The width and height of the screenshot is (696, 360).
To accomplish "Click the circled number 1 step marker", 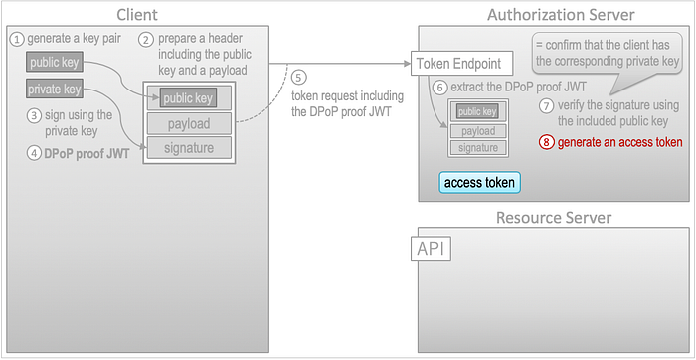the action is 17,39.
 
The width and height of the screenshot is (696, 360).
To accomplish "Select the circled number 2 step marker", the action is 146,40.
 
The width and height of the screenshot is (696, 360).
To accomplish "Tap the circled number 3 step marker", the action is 34,116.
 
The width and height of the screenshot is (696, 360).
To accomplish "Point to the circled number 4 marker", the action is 34,154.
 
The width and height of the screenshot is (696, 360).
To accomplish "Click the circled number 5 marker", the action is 298,77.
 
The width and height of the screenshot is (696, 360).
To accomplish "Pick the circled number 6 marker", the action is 439,88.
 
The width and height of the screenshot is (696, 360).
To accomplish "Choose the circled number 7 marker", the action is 546,106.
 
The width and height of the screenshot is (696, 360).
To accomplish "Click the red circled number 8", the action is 546,142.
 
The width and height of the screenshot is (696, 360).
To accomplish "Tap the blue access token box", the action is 479,182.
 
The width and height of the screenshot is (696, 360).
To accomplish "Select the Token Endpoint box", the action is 461,63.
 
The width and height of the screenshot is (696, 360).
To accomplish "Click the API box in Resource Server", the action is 431,250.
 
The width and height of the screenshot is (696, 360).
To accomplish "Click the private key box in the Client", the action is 54,90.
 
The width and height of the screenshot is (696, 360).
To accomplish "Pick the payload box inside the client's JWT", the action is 189,124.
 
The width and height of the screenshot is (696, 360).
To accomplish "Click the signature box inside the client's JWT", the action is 189,148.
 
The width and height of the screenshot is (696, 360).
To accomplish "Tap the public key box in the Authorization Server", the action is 477,111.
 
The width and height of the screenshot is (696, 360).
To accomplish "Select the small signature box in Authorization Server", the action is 478,148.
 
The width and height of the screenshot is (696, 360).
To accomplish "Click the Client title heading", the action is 137,15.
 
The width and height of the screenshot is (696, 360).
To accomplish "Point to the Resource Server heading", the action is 554,218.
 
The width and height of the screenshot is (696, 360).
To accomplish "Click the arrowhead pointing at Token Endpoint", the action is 406,64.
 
